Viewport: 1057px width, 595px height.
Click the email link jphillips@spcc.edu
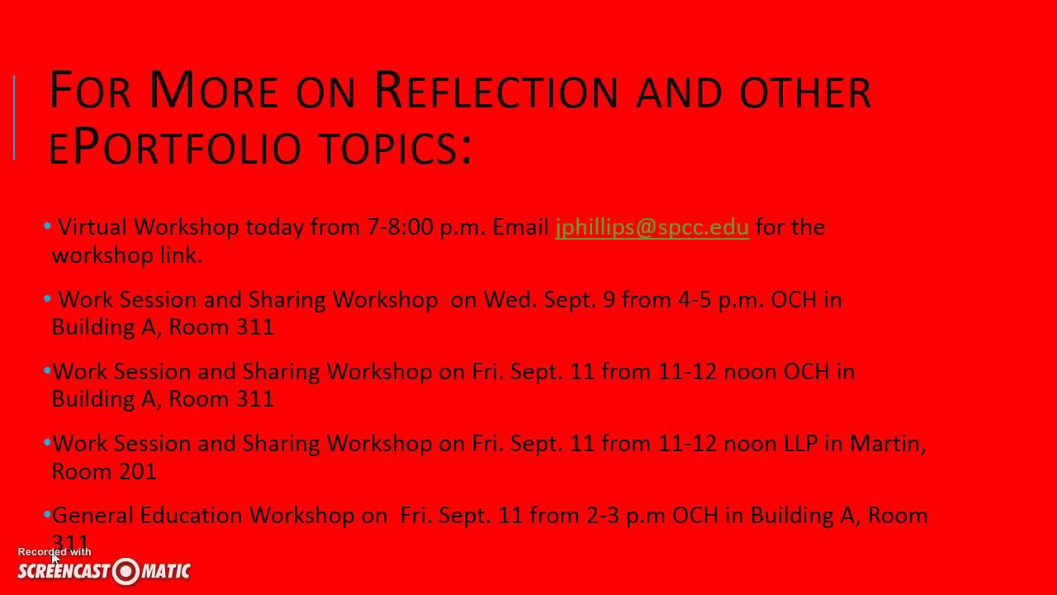652,227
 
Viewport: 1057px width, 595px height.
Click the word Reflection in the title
495,92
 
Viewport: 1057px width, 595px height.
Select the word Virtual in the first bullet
92,227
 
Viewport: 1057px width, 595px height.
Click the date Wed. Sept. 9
549,299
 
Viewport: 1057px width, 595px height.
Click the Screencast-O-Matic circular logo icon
126,571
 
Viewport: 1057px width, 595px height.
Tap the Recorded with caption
55,552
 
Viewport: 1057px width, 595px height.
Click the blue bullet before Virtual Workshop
48,226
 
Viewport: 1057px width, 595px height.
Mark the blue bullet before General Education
48,514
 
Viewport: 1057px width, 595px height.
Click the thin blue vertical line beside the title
14,117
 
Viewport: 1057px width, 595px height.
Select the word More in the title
213,92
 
